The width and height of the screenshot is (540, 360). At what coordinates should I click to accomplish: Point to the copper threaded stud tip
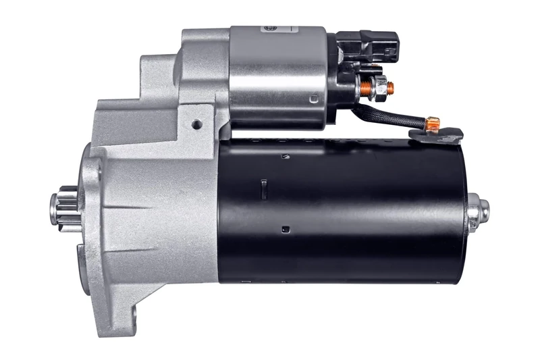click(391, 86)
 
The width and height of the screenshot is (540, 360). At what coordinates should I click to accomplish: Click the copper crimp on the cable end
click(433, 123)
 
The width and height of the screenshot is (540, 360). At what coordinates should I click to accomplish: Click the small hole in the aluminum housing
click(196, 124)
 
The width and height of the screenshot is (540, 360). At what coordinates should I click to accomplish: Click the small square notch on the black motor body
click(286, 228)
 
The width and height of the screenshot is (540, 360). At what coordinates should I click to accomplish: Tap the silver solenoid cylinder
click(277, 81)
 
